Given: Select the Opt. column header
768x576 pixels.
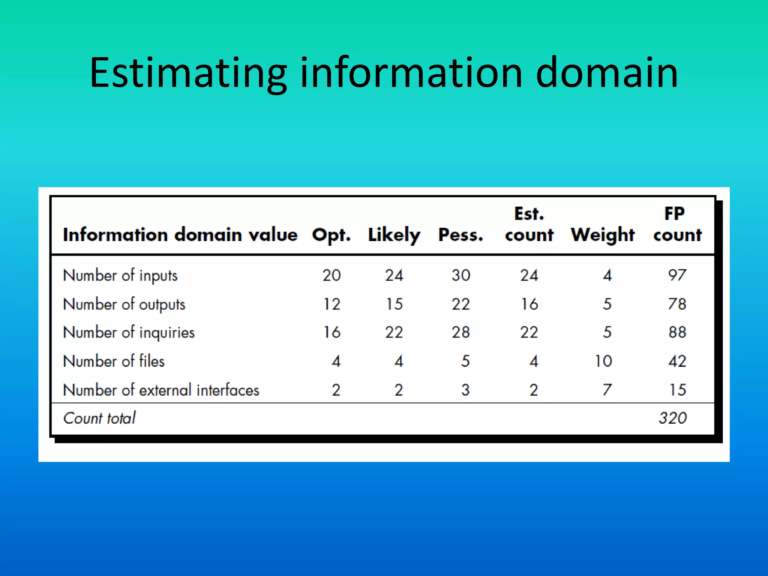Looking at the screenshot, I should coord(331,235).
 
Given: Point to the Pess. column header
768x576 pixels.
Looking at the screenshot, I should coord(461,235).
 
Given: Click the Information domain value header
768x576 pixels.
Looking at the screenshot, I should coord(180,235).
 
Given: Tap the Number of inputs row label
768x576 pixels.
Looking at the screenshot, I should coord(120,276).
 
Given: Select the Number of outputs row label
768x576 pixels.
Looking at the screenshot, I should coord(124,304).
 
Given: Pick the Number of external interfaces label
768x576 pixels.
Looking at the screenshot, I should coord(161,390).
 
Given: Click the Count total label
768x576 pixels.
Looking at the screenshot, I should coord(99,418).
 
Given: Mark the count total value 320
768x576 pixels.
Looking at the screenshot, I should coord(673,418).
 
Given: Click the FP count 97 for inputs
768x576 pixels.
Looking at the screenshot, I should coord(677,276).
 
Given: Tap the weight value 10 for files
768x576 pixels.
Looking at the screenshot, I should coord(603,361).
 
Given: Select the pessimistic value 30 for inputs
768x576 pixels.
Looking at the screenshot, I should coord(461,276).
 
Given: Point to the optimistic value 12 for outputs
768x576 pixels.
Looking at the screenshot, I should coord(332,304).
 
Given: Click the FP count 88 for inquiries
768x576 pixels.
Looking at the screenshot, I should coord(677,332).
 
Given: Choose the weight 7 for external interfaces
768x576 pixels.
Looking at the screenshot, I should coord(607,390).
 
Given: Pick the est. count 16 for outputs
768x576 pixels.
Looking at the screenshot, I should coord(529,304).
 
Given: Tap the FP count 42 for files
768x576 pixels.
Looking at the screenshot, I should coord(677,361).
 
